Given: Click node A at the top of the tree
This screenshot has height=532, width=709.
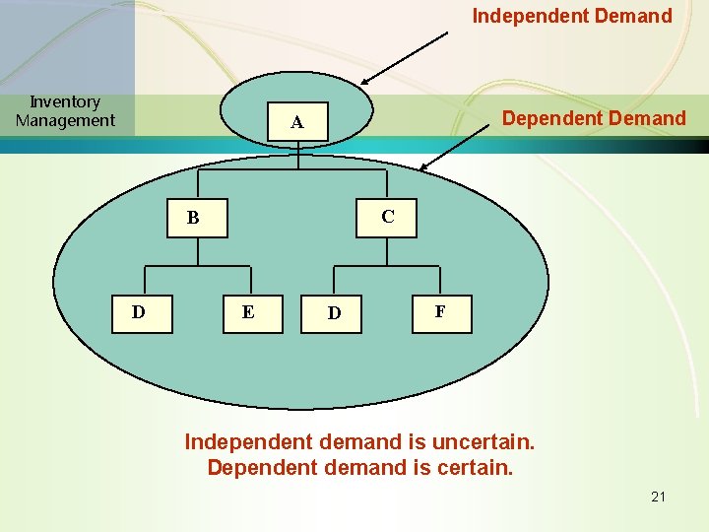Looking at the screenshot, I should point(296,123).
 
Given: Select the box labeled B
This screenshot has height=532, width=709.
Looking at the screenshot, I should point(194,218).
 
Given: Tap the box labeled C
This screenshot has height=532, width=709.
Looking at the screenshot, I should point(387,217).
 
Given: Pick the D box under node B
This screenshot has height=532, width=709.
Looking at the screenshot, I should point(139,312).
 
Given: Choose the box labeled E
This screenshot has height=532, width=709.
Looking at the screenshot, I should point(248,312).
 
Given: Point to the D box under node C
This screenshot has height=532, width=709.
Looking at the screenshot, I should point(334,313).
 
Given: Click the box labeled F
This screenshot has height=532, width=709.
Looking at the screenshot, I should point(439,312).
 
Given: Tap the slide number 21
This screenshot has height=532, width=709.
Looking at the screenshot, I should point(658,497).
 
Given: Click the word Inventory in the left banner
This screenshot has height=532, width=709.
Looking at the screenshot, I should point(65,101).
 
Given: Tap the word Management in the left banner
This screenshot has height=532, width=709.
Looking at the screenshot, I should point(65,120).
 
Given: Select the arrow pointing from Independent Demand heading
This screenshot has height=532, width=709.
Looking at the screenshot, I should point(405,58).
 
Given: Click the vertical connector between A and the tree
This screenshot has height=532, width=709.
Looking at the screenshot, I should point(297,156).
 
